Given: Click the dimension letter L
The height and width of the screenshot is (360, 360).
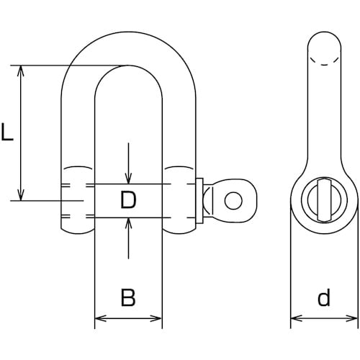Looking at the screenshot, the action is click(x=7, y=131).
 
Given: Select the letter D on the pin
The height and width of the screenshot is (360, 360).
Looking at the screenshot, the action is click(x=128, y=199).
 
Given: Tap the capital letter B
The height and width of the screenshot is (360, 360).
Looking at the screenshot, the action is click(x=128, y=297).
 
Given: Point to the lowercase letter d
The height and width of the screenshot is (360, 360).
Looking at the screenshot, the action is click(x=324, y=297).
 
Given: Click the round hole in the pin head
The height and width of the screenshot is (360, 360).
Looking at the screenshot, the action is click(x=233, y=200).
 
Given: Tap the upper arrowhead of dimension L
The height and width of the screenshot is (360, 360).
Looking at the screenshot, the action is click(x=21, y=71).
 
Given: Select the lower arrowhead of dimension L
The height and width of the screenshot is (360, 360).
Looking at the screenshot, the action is click(x=21, y=195).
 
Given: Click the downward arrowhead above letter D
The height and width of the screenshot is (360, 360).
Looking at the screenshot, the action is click(x=128, y=179).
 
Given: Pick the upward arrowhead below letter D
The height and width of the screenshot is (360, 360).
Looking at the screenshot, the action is click(x=128, y=223).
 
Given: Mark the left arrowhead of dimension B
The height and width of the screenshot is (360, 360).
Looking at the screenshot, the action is click(x=100, y=319).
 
